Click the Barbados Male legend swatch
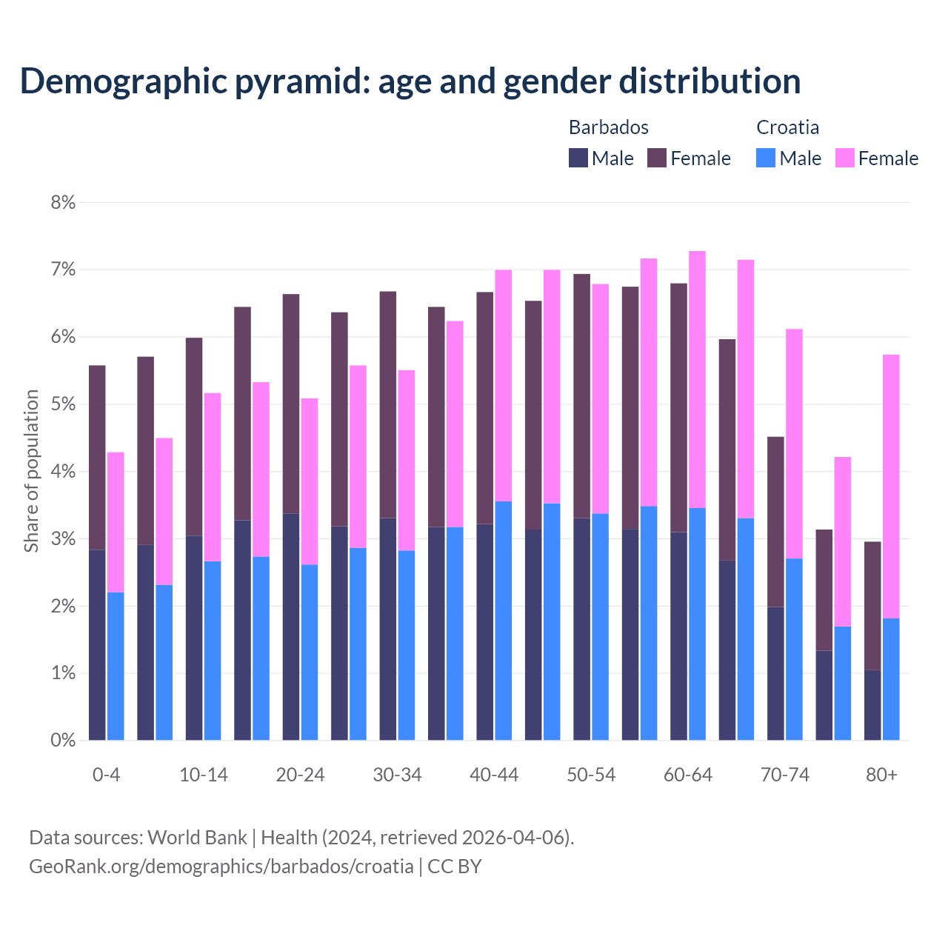pyautogui.click(x=578, y=158)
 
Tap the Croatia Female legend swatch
pyautogui.click(x=844, y=158)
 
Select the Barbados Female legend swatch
pyautogui.click(x=657, y=158)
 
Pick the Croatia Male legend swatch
pyautogui.click(x=766, y=158)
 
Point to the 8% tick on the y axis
pyautogui.click(x=63, y=202)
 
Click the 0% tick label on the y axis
pyautogui.click(x=63, y=740)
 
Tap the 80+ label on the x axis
pyautogui.click(x=881, y=775)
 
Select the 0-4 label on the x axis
pyautogui.click(x=106, y=775)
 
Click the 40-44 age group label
pyautogui.click(x=494, y=775)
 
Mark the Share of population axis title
pyautogui.click(x=31, y=471)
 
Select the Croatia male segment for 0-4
pyautogui.click(x=116, y=666)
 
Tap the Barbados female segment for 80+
pyautogui.click(x=872, y=606)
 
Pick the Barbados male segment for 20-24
pyautogui.click(x=291, y=627)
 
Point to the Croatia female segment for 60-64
pyautogui.click(x=697, y=379)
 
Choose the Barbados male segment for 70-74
pyautogui.click(x=775, y=673)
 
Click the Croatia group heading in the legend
pyautogui.click(x=787, y=127)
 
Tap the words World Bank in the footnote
pyautogui.click(x=197, y=838)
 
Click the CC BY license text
pyautogui.click(x=455, y=866)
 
